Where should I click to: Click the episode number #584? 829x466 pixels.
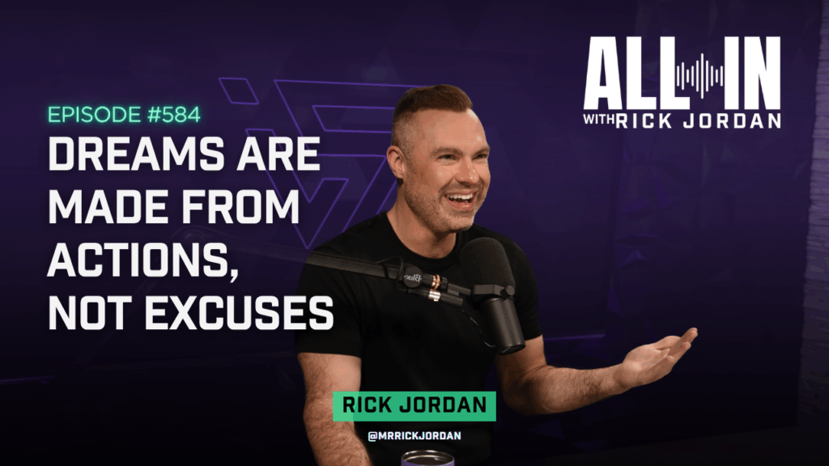(x=173, y=115)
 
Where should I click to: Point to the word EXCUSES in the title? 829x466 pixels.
(x=240, y=312)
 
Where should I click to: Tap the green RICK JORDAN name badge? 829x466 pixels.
(x=414, y=406)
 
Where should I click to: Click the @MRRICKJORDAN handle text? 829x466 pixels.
(x=414, y=436)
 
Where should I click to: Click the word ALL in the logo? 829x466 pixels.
(x=630, y=73)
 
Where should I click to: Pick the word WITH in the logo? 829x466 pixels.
(x=598, y=120)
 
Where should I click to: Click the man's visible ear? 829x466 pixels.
(x=397, y=164)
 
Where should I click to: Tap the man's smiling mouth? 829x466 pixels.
(x=461, y=200)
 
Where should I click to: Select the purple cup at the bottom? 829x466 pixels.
(x=427, y=458)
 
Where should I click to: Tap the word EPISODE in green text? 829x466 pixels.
(x=94, y=115)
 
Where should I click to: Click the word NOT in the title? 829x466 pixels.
(x=90, y=312)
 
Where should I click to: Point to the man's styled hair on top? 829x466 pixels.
(x=431, y=102)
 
